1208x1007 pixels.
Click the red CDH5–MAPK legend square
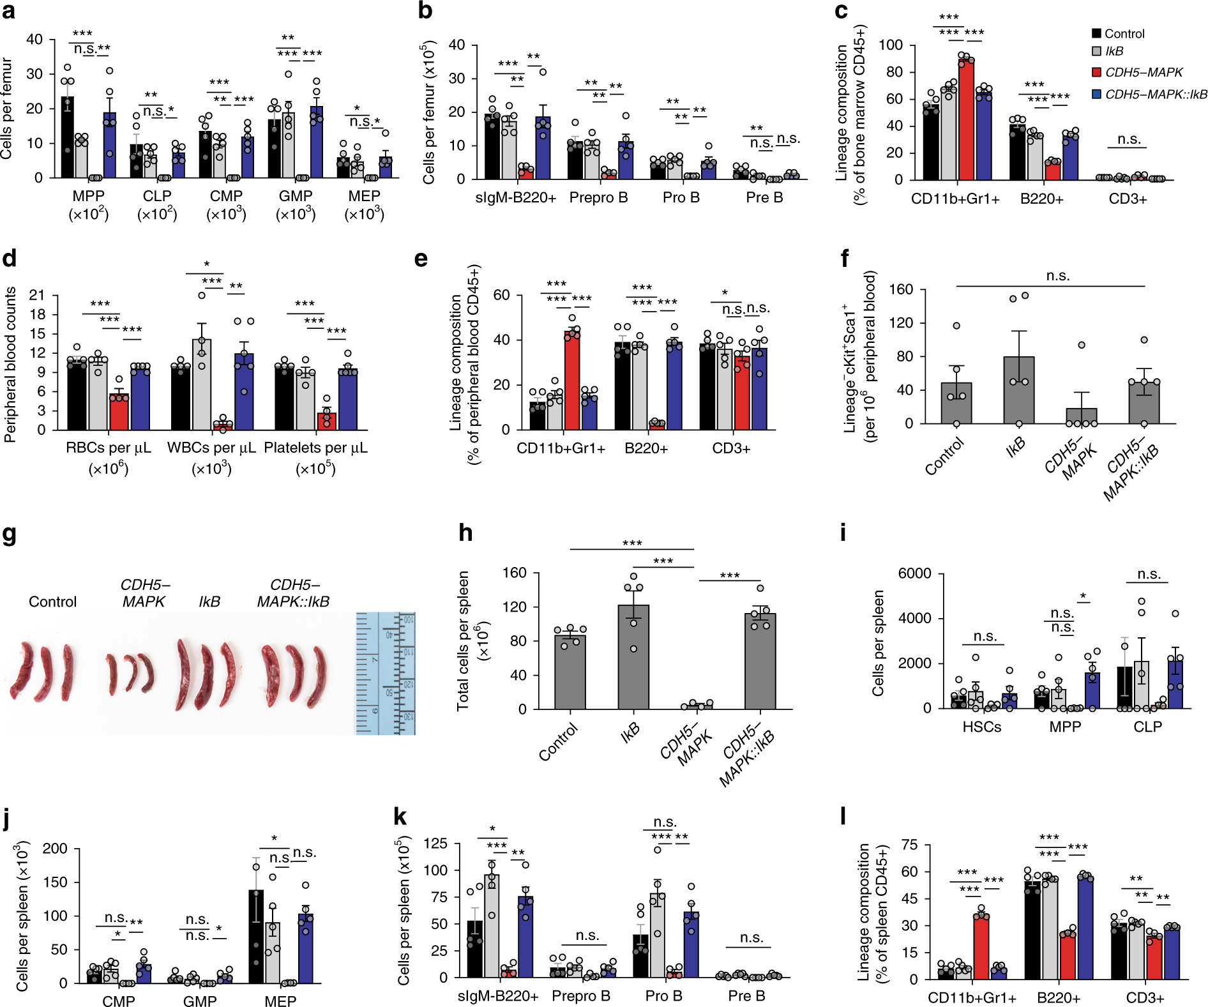coord(1096,72)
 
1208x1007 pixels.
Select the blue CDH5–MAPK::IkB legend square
coord(1096,94)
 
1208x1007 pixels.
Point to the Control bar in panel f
coord(956,403)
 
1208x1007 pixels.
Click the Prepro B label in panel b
coord(598,198)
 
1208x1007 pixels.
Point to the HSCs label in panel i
coord(981,727)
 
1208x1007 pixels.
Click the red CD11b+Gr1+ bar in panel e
coord(572,380)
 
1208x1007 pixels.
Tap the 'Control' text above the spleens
coord(52,602)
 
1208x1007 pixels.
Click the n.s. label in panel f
coord(1057,276)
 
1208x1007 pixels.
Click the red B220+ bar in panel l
coord(1068,956)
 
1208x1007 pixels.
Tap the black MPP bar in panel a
coord(67,137)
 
